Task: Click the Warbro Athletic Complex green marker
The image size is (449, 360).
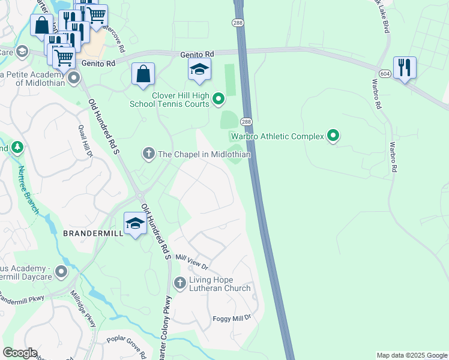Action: pos(333,136)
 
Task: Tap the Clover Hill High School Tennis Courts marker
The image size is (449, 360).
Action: pos(218,98)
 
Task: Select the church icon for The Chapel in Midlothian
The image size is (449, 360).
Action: pos(148,154)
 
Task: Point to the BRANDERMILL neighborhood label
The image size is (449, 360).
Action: pos(92,233)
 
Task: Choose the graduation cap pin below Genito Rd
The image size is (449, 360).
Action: pos(199,70)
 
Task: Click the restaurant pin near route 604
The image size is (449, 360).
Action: pos(405,68)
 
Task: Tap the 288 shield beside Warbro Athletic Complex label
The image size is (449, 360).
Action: pos(246,121)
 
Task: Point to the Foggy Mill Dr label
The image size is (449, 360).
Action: pos(231,317)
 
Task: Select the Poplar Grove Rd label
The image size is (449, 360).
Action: pos(127,346)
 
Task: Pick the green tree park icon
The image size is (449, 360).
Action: pos(17,147)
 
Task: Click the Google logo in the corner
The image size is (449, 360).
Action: pos(20,353)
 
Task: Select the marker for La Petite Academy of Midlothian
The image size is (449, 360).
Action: pos(74,77)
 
